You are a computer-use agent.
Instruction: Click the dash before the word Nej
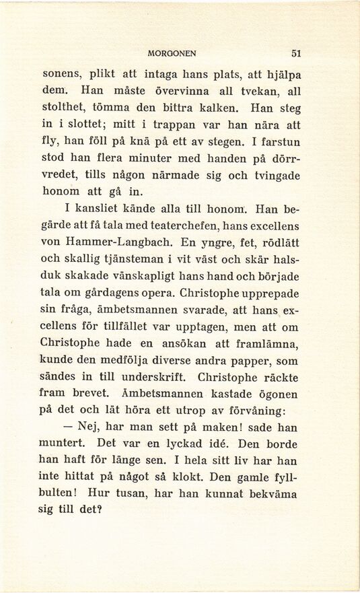pos(67,429)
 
